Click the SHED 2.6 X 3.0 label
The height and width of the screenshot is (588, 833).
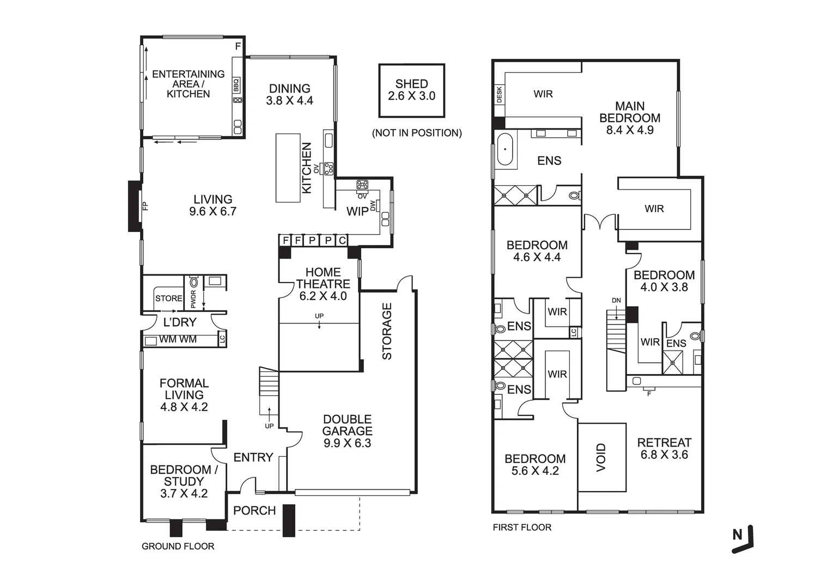point(412,90)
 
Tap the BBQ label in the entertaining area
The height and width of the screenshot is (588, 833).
point(236,85)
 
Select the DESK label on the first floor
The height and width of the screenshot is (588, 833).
point(500,94)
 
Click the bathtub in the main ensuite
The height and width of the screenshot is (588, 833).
point(505,149)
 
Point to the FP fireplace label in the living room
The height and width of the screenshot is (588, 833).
point(145,206)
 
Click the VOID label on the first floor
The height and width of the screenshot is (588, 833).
point(601,457)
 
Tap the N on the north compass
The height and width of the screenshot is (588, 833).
point(738,535)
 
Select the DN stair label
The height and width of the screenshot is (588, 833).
point(616,301)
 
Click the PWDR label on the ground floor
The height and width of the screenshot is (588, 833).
point(193,299)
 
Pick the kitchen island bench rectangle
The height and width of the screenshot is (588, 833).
point(288,168)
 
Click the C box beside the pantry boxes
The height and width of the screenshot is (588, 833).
point(342,241)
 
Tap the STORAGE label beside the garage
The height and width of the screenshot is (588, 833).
point(387,331)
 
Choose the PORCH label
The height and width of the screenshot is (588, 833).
point(254,511)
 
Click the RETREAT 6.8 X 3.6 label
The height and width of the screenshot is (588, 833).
point(664,449)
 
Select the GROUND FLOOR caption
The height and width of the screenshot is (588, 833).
point(178,547)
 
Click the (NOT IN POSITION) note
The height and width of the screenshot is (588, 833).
point(417,133)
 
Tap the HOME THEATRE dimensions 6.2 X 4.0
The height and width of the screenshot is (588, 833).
point(323,296)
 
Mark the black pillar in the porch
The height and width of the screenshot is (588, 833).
point(289,520)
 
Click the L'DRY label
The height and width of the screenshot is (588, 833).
point(180,322)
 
